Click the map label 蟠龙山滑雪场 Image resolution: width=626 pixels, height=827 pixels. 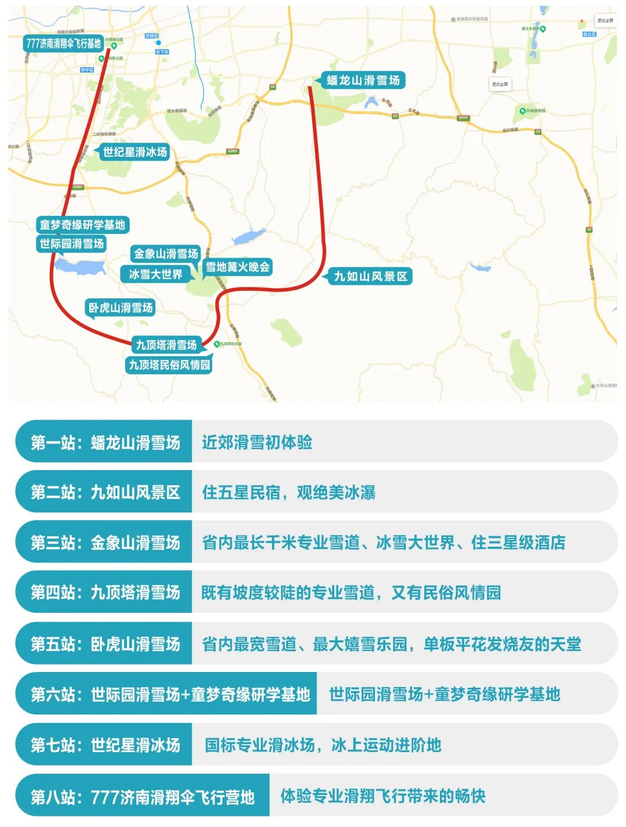click(x=363, y=81)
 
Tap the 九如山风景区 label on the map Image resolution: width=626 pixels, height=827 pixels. click(x=370, y=276)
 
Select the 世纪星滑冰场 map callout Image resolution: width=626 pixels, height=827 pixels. click(x=134, y=152)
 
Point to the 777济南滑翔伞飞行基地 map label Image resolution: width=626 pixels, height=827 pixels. click(x=63, y=44)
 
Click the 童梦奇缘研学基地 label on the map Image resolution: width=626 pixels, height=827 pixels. click(x=82, y=225)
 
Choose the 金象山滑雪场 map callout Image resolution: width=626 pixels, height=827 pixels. click(x=166, y=254)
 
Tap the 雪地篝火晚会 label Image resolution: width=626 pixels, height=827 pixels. click(x=238, y=267)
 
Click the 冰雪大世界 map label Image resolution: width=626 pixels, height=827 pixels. click(x=155, y=274)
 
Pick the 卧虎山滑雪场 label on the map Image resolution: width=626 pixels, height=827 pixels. click(x=121, y=308)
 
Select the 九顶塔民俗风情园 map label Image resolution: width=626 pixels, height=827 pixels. click(x=169, y=365)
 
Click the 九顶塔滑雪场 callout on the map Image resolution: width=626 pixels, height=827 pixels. click(x=166, y=345)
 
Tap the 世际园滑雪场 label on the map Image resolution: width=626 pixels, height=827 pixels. click(x=72, y=244)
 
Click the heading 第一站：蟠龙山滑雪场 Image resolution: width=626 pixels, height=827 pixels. click(x=105, y=443)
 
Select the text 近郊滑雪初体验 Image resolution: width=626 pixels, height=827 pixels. click(x=257, y=443)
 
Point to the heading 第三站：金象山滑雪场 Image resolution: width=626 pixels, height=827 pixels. click(x=105, y=543)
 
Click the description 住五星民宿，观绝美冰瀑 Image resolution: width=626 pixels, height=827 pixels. click(x=288, y=493)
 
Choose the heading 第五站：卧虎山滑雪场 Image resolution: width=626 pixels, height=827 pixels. click(x=105, y=644)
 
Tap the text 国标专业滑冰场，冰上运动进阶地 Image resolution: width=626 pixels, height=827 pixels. click(x=323, y=745)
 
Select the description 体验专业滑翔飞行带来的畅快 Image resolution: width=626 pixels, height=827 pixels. click(x=383, y=796)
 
